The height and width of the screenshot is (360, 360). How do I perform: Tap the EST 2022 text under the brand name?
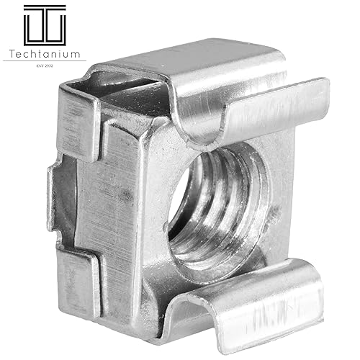pyautogui.click(x=44, y=67)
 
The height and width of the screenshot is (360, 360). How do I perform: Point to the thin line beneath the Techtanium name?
pyautogui.click(x=44, y=61)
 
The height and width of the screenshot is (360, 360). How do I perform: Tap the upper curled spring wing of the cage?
pyautogui.click(x=245, y=108)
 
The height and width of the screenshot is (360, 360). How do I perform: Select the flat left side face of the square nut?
pyautogui.click(x=115, y=202)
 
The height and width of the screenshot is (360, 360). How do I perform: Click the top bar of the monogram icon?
pyautogui.click(x=44, y=6)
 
